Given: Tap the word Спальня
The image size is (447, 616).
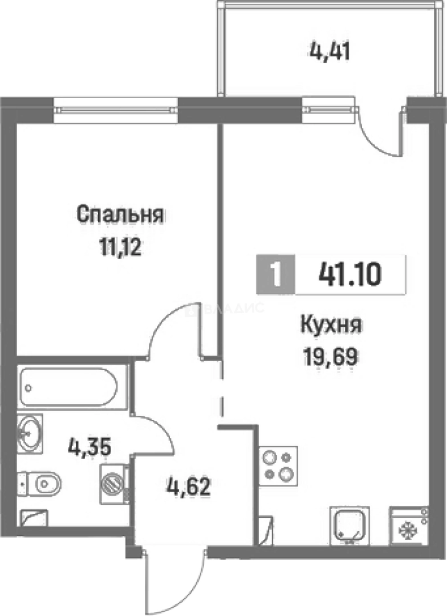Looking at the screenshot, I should pyautogui.click(x=120, y=215).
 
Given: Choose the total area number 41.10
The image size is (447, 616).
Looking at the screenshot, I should pyautogui.click(x=350, y=276).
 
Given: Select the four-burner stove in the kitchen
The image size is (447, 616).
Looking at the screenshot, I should pyautogui.click(x=279, y=465).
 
